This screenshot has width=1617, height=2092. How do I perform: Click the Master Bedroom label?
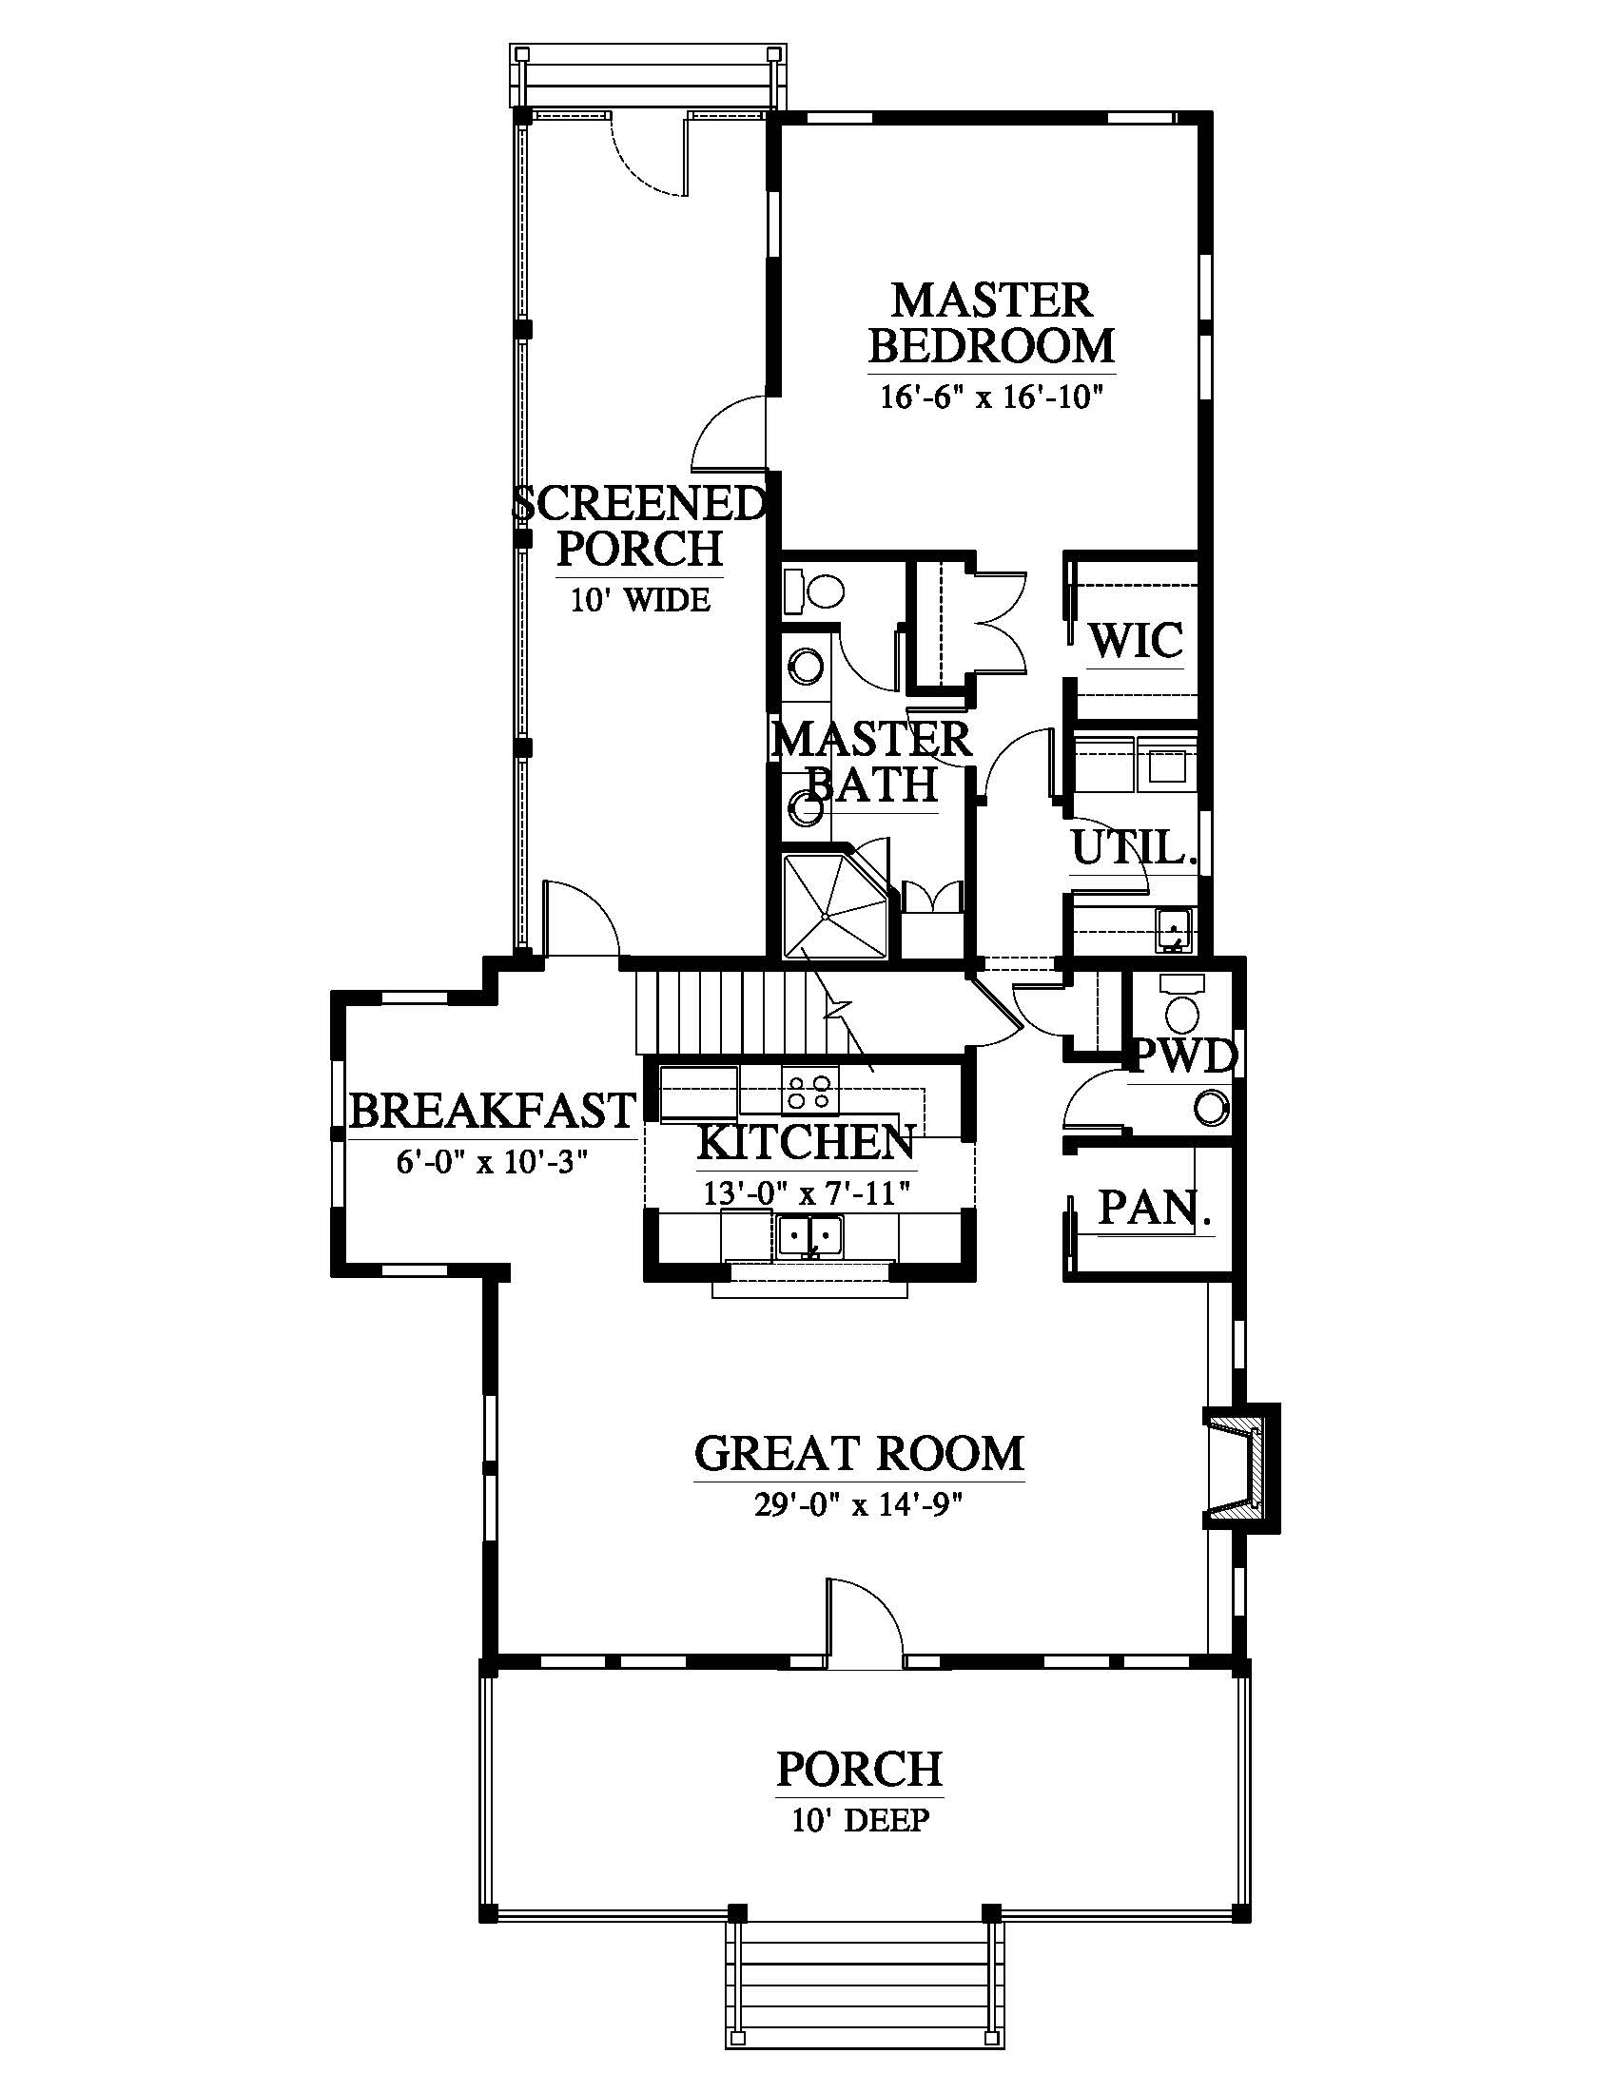click(x=991, y=321)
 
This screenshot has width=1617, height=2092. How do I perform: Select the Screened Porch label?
click(x=640, y=526)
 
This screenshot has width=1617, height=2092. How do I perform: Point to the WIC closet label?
click(x=1136, y=640)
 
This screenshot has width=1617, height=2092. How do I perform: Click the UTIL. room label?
click(x=1133, y=848)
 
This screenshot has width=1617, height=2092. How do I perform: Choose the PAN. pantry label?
click(x=1155, y=1208)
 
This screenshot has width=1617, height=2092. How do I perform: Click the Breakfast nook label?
click(x=492, y=1110)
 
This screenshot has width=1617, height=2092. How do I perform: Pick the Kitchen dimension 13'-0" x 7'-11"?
click(x=806, y=1193)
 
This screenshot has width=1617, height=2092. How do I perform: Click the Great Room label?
click(x=858, y=1453)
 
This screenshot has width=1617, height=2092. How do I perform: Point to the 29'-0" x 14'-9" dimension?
click(x=858, y=1505)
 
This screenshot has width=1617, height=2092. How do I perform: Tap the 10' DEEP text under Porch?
click(x=859, y=1819)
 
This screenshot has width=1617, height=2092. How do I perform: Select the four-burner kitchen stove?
click(x=809, y=1092)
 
